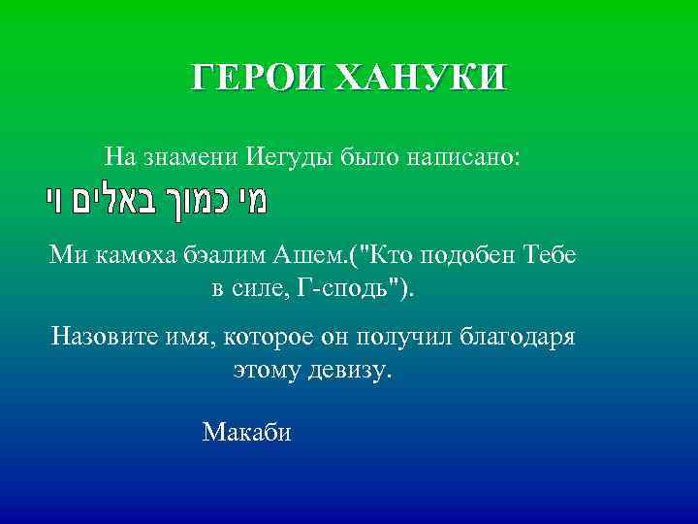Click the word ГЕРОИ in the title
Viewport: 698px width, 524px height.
(x=255, y=76)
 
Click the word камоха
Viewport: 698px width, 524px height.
(x=133, y=256)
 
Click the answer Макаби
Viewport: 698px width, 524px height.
(x=246, y=432)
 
